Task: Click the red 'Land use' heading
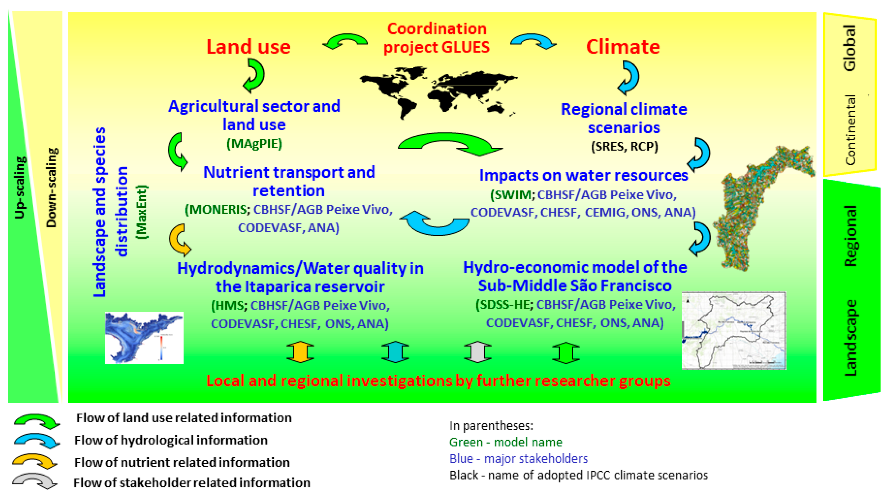pos(248,47)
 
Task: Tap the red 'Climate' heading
pos(623,47)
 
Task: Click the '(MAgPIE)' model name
pos(254,143)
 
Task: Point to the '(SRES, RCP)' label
pos(624,146)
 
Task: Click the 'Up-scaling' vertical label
pos(20,188)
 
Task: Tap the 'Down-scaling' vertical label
pos(51,188)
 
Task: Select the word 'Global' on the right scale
pos(850,48)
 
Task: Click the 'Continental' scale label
pos(850,130)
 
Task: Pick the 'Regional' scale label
pos(850,236)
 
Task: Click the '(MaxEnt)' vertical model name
pos(141,212)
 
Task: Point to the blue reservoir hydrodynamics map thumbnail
pos(144,338)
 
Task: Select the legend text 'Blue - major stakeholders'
pos(518,459)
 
